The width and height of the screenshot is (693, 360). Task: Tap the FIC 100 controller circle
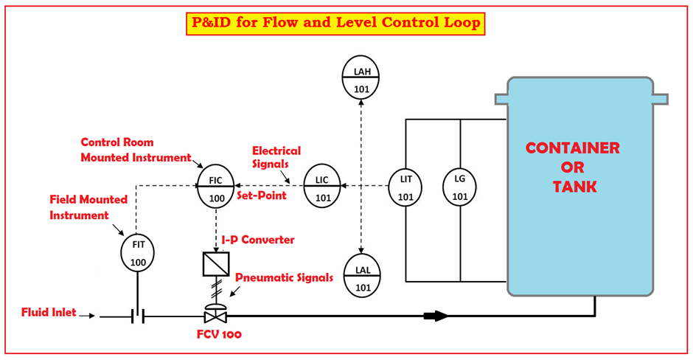click(215, 188)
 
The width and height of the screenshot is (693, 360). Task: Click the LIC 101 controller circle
click(322, 187)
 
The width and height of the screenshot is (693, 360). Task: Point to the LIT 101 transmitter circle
click(406, 187)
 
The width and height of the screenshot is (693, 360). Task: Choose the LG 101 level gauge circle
click(460, 187)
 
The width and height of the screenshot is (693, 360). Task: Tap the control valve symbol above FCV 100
click(215, 313)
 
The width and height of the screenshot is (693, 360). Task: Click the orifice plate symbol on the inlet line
click(137, 316)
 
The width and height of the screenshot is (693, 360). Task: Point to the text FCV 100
click(219, 334)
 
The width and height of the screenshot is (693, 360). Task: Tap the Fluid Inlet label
click(49, 312)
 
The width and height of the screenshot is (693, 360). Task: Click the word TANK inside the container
click(574, 187)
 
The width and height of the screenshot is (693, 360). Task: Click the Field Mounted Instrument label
click(88, 207)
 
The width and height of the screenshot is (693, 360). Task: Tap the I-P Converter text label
click(258, 240)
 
